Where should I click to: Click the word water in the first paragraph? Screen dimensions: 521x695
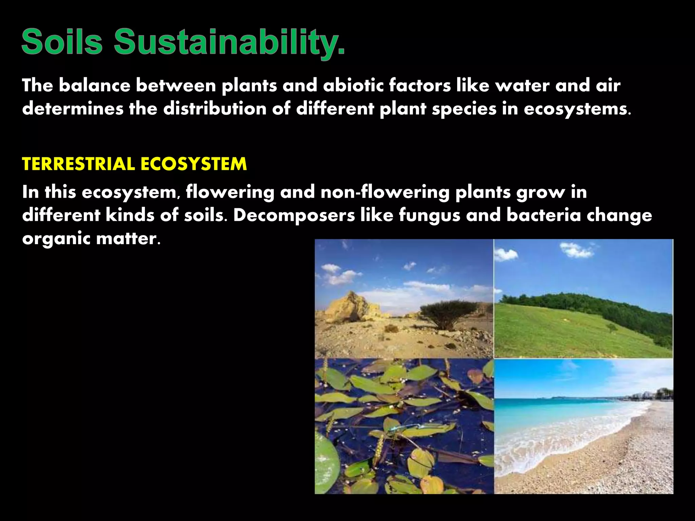(x=522, y=85)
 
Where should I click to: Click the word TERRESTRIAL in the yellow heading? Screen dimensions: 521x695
(x=78, y=164)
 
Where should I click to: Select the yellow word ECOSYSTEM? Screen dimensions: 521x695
(x=193, y=164)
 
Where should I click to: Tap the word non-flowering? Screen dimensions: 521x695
(x=385, y=192)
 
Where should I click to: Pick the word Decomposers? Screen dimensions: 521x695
(x=294, y=216)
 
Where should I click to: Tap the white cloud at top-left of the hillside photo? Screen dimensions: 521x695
(x=506, y=254)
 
